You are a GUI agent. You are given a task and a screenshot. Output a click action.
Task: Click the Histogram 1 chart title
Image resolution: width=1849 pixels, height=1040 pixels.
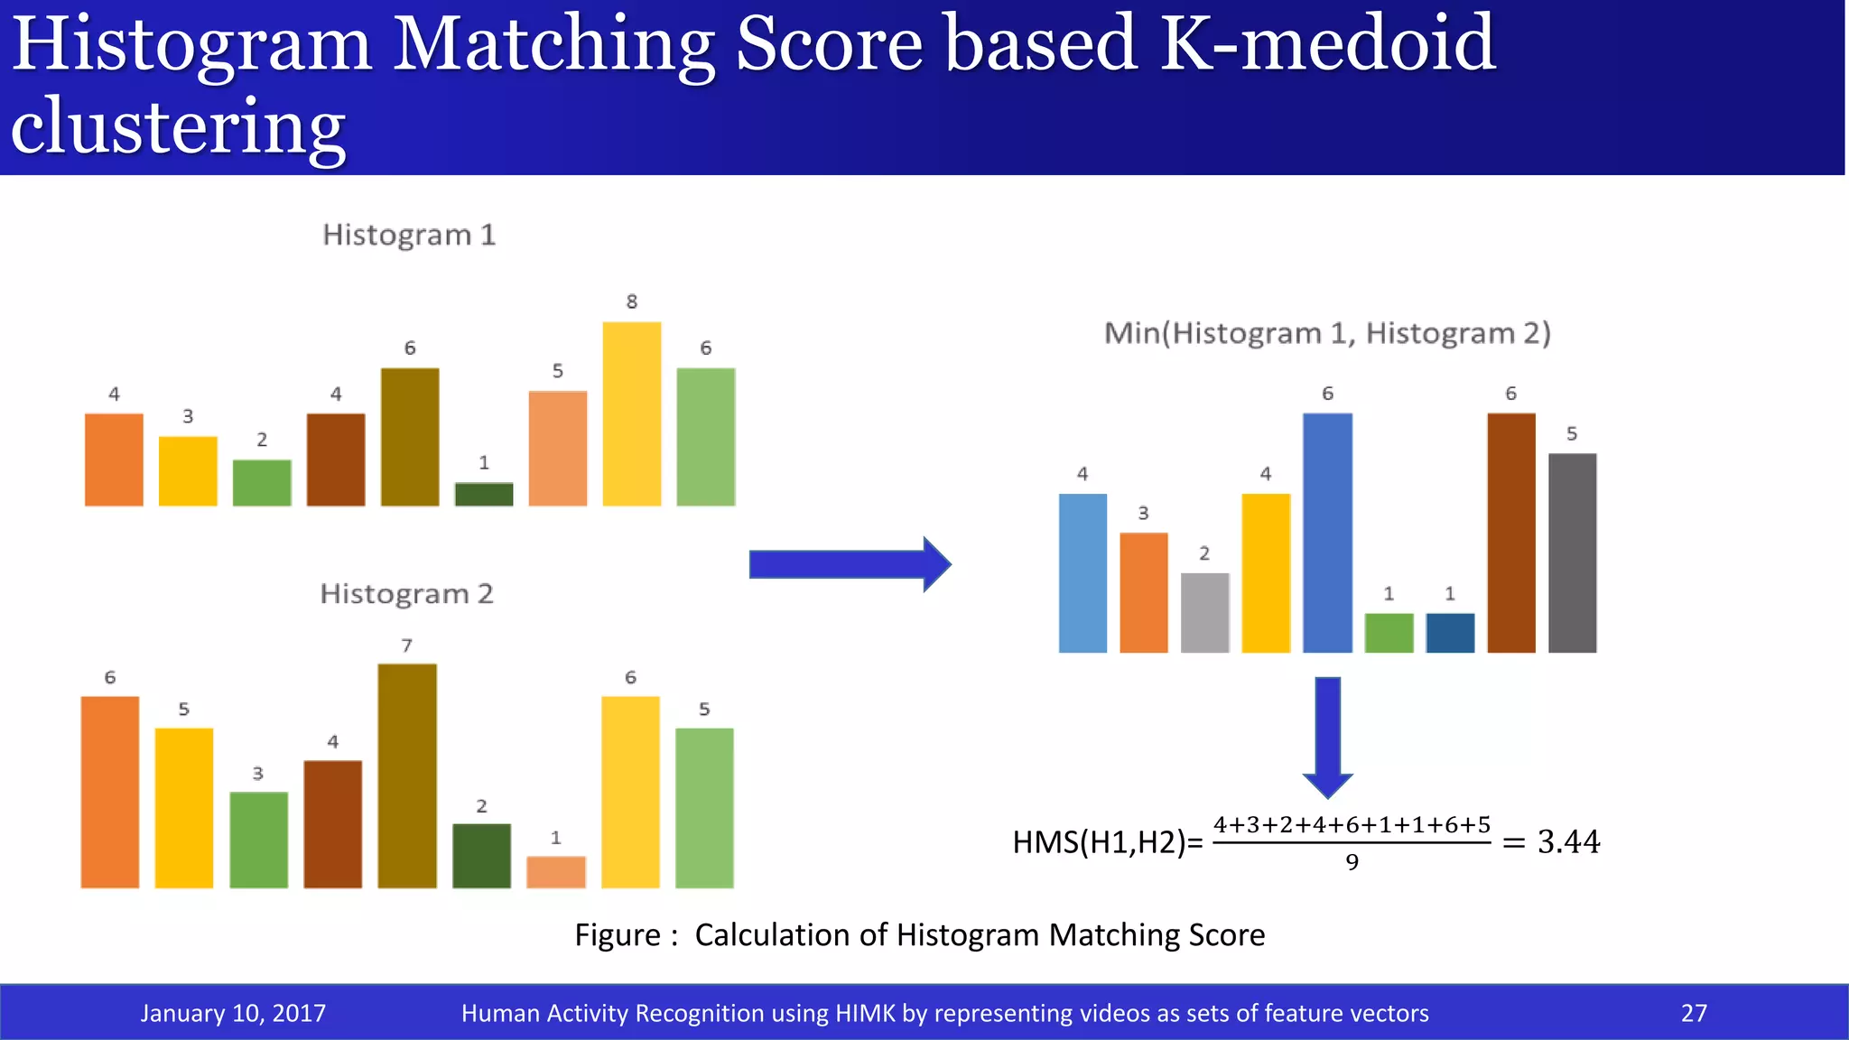409,235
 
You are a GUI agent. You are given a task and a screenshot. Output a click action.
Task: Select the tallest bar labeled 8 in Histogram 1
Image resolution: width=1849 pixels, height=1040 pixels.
631,413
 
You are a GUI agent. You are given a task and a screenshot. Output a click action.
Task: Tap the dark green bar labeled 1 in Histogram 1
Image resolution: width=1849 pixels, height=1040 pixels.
484,495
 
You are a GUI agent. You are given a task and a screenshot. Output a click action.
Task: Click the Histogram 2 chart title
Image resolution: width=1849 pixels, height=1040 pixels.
406,594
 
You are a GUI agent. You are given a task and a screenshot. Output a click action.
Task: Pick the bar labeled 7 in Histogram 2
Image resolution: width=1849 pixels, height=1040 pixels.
407,776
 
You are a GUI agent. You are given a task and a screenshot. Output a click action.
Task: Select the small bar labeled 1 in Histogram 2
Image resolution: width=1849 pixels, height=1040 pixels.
555,872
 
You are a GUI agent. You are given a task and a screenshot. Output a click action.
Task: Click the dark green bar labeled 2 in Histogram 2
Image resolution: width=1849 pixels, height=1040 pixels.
481,856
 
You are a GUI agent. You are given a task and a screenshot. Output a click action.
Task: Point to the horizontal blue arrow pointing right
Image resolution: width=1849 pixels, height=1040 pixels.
849,565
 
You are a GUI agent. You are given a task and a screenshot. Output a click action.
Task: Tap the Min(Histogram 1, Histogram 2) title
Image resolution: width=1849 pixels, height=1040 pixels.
1327,333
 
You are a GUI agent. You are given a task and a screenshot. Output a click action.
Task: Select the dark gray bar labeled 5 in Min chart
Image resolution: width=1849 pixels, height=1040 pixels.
1572,552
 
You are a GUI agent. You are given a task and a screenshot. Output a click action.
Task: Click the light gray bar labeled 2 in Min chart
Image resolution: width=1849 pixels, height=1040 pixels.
1204,612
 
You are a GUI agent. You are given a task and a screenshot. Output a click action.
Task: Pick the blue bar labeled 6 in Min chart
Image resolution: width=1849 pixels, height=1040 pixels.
1327,533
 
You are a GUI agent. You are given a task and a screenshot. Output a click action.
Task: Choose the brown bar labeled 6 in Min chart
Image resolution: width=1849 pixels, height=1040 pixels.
1510,533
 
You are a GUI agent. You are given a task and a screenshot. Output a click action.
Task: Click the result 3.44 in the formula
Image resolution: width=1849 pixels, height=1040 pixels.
1568,842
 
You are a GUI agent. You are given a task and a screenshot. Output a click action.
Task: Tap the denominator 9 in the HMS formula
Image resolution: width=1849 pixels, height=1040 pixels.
1352,862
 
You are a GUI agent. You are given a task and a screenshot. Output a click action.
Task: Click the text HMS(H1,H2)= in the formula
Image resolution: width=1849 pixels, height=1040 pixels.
1108,842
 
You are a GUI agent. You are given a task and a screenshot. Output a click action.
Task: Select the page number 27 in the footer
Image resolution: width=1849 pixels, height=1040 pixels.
1694,1013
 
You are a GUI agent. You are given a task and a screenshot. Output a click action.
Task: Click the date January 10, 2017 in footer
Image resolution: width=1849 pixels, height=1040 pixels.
233,1013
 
